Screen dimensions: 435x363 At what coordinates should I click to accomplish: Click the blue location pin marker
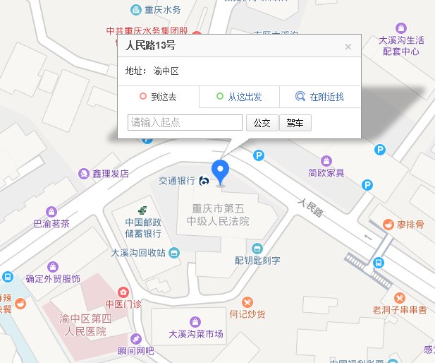pos(221,171)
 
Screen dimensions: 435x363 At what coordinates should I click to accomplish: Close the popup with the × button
pos(348,47)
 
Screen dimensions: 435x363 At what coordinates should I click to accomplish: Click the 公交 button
pos(262,123)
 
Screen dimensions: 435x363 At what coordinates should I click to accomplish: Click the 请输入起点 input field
pos(185,122)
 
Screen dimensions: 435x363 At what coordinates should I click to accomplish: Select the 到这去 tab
pos(159,97)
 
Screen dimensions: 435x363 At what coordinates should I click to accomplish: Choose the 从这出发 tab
pos(239,97)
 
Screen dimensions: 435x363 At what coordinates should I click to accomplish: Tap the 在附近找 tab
pos(320,97)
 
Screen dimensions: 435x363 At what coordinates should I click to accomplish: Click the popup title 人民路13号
pos(150,46)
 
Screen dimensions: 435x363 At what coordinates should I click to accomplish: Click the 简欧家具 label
pos(326,173)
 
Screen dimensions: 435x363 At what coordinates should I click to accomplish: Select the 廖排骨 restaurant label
pos(410,225)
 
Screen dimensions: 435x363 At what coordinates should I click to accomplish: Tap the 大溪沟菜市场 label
pos(196,334)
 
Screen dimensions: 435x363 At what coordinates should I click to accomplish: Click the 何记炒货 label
pos(247,314)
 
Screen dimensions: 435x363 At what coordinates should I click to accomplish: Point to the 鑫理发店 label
pos(110,172)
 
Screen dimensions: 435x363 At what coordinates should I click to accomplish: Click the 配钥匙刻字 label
pos(257,260)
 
